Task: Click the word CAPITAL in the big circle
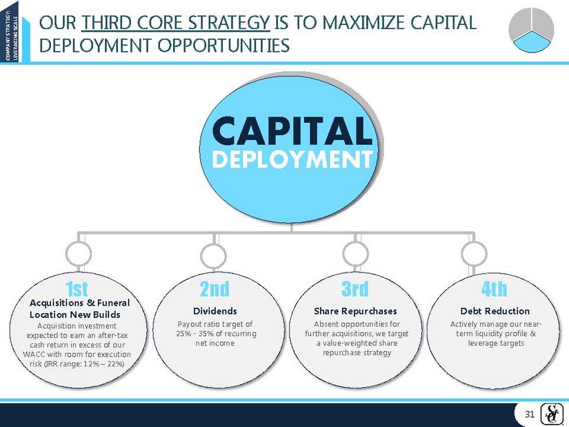292,131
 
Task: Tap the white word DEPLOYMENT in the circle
292,160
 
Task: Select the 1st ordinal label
77,289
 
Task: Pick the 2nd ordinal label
214,289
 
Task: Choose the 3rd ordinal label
355,289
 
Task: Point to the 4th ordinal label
495,289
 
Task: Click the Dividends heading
214,311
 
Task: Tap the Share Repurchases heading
356,311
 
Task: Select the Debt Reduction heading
495,311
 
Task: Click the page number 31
530,415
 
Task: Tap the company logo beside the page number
550,414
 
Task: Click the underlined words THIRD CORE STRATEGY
176,23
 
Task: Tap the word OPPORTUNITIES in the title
223,46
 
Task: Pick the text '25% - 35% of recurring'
217,334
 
